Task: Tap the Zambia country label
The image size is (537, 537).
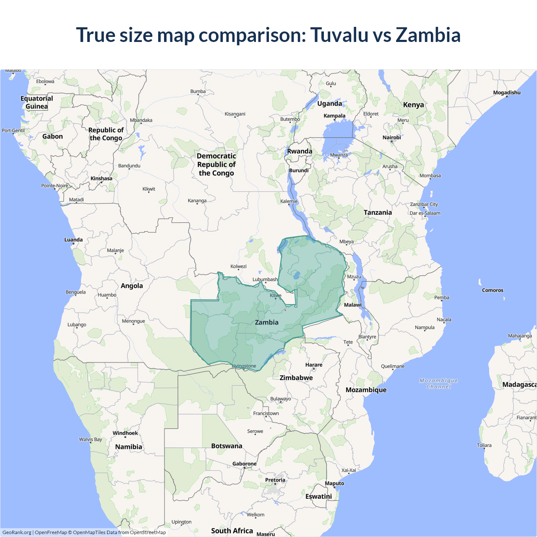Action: [x=267, y=322]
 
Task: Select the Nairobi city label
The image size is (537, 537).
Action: [x=391, y=138]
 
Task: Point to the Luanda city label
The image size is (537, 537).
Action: [x=73, y=240]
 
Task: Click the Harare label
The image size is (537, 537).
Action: [x=314, y=365]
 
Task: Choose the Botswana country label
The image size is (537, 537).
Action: [x=227, y=446]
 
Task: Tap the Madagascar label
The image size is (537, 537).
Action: [x=519, y=385]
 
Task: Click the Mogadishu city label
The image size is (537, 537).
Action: [x=507, y=93]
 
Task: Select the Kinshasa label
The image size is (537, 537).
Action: [x=102, y=179]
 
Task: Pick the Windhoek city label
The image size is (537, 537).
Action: [x=125, y=433]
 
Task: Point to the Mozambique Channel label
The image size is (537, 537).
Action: [x=439, y=383]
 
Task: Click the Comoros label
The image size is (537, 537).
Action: [x=493, y=290]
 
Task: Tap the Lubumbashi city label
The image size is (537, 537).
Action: [x=265, y=279]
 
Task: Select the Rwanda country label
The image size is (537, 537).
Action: [x=300, y=151]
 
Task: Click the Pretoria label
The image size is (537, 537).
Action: [x=275, y=480]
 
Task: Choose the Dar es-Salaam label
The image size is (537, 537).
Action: [x=425, y=213]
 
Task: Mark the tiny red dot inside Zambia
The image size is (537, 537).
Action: [x=285, y=310]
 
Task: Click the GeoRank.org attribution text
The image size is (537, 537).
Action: [x=17, y=532]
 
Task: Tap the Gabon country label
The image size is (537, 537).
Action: [x=52, y=136]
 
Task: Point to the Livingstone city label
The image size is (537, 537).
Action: [x=244, y=366]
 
